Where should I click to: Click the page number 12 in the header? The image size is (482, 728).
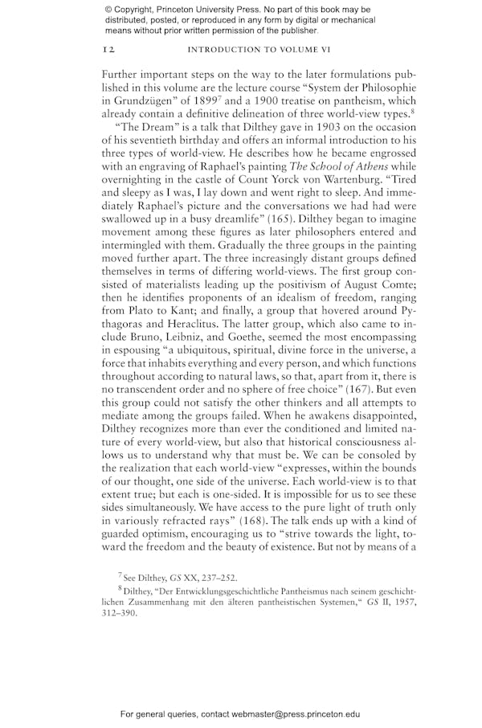point(108,50)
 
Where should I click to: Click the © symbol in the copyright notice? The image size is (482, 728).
point(108,10)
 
